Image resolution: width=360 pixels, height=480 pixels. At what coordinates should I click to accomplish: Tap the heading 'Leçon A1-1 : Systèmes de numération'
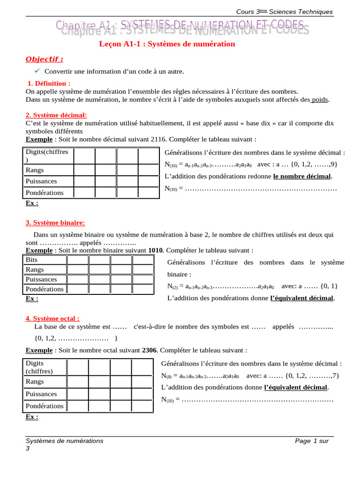tap(167, 44)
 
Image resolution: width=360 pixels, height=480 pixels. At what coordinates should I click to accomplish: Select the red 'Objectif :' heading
tap(44, 59)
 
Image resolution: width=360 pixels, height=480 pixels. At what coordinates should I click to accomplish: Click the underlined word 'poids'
tap(320, 99)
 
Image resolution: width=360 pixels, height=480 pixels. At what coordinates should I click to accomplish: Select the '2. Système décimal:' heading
tap(56, 115)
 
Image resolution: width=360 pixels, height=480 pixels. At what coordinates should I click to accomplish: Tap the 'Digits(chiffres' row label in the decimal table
tap(47, 152)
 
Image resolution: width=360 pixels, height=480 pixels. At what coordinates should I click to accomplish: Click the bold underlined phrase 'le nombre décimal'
tap(302, 176)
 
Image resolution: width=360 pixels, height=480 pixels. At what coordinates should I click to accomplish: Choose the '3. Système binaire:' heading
tap(55, 223)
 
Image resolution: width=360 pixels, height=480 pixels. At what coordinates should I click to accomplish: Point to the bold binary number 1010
tap(156, 250)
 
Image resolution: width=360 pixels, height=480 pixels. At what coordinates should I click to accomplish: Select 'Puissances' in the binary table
tap(41, 279)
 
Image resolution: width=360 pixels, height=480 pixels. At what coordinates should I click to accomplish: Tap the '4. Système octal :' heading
tap(52, 318)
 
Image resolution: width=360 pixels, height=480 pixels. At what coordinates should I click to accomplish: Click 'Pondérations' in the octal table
tap(45, 406)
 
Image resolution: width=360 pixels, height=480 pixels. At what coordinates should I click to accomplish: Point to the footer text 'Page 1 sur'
tap(312, 441)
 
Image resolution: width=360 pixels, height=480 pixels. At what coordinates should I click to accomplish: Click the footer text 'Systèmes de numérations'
tap(65, 441)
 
